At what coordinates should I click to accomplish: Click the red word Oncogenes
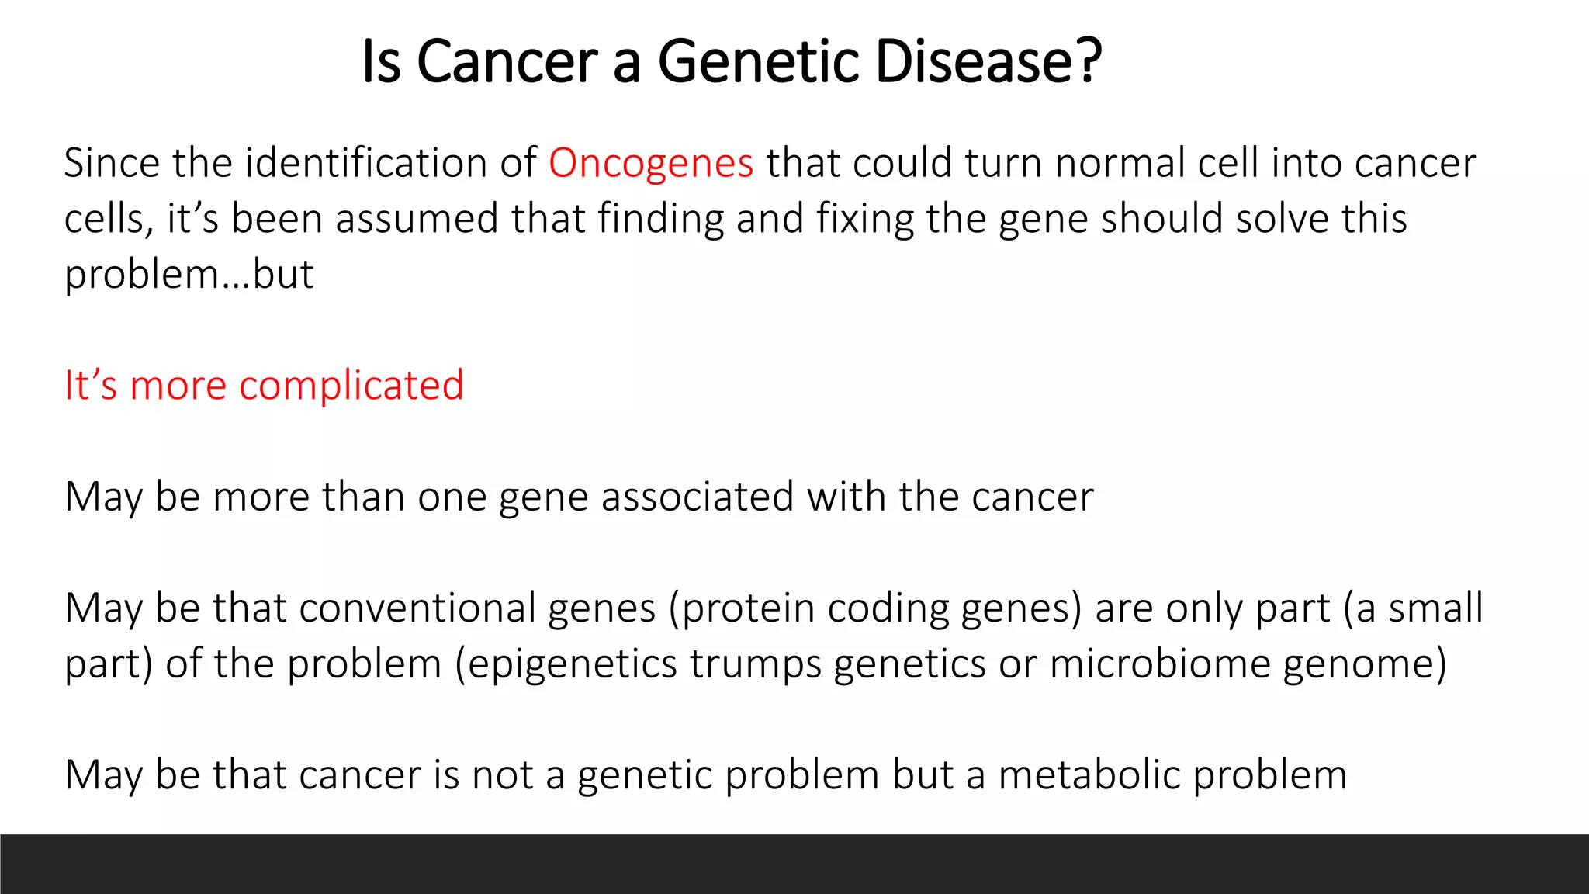pyautogui.click(x=650, y=164)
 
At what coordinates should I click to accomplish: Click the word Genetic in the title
pyautogui.click(x=759, y=61)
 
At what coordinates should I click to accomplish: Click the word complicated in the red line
pyautogui.click(x=351, y=386)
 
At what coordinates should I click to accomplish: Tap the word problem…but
pyautogui.click(x=189, y=275)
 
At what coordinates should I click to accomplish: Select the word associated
pyautogui.click(x=697, y=497)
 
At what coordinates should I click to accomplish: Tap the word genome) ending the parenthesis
pyautogui.click(x=1364, y=664)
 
